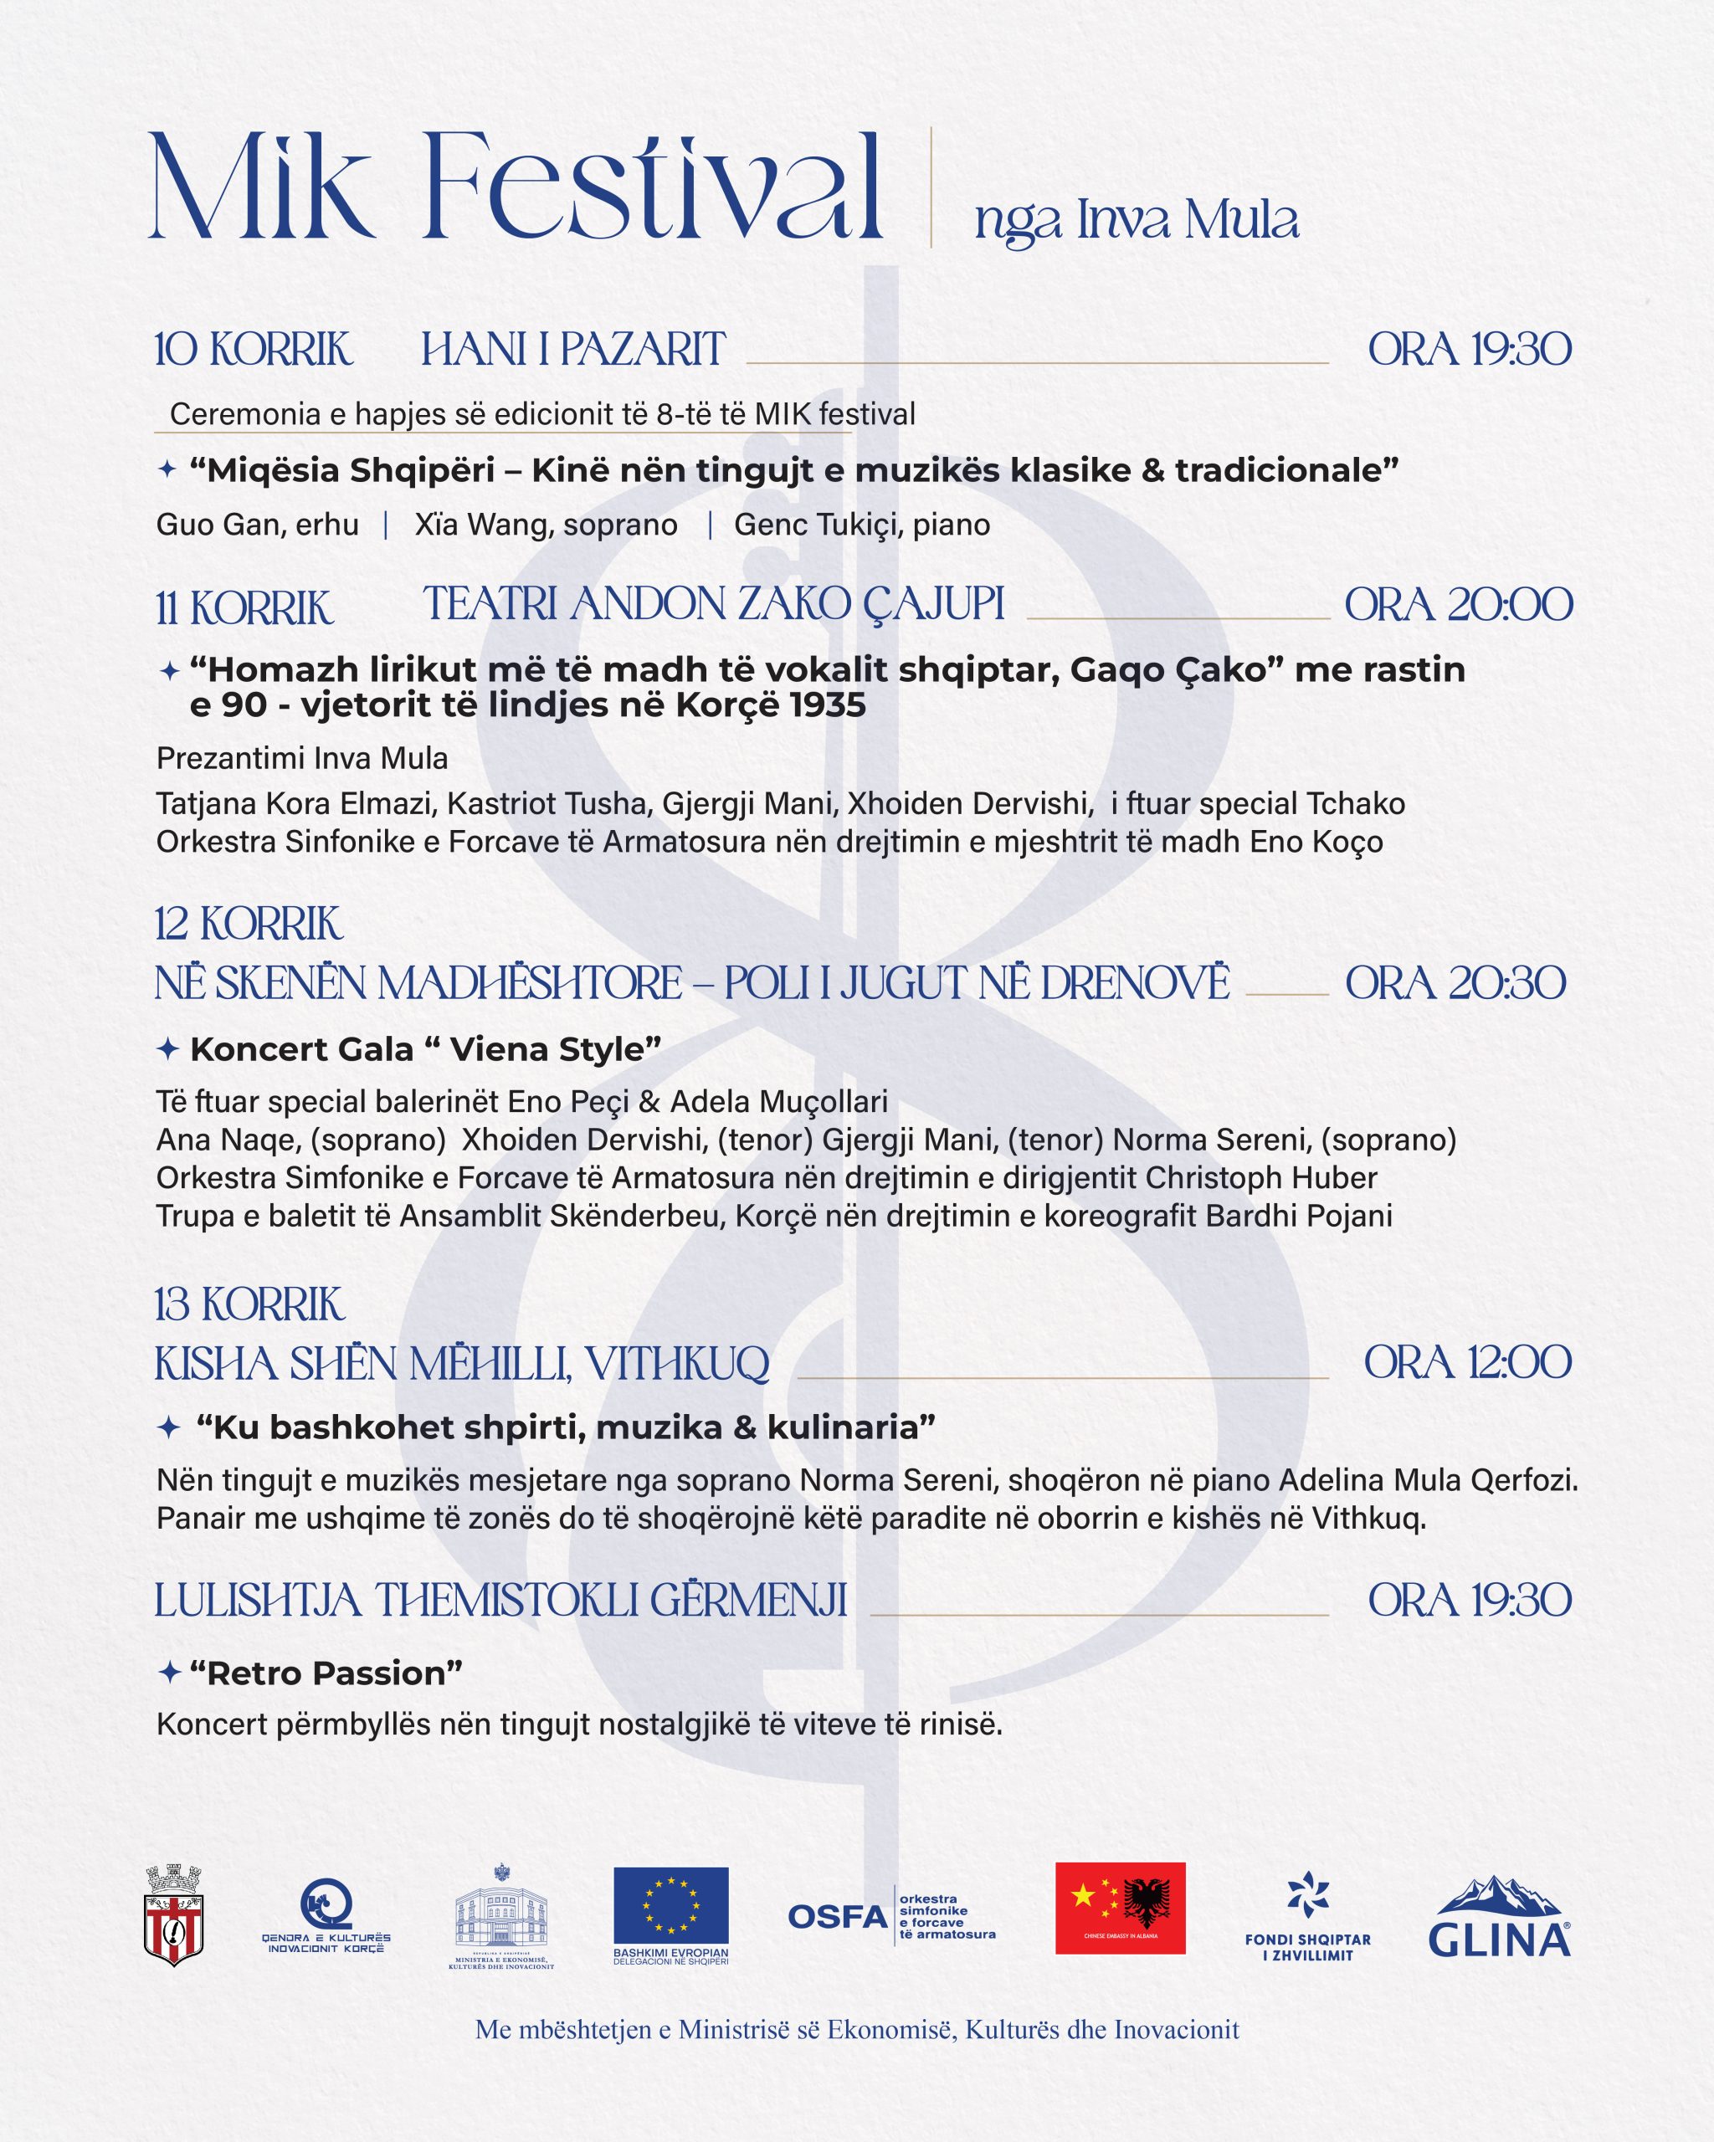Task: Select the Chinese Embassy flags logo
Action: click(1120, 1908)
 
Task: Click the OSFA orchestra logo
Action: click(891, 1916)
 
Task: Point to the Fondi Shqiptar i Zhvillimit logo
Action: click(1307, 1918)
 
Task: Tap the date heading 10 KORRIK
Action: click(254, 350)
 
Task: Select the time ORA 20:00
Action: click(1458, 605)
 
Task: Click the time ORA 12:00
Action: click(1466, 1363)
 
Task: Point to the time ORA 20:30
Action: click(1455, 984)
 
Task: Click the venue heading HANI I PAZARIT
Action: click(573, 350)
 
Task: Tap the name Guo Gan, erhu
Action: click(257, 525)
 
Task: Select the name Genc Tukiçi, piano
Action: click(861, 525)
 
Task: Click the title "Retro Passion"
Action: click(326, 1673)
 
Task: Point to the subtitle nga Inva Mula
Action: click(1137, 221)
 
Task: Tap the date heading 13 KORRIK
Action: click(249, 1304)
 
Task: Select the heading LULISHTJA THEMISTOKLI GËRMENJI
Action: click(500, 1601)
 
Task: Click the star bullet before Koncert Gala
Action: click(168, 1049)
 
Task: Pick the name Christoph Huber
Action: click(1261, 1178)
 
